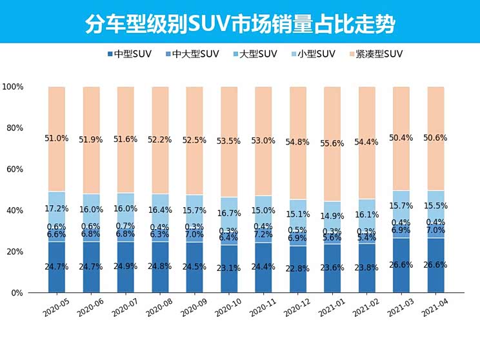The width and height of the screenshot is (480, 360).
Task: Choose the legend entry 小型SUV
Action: pos(313,54)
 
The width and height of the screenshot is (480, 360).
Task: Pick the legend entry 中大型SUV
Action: pos(192,54)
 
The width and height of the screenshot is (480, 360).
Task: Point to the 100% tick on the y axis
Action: pos(13,86)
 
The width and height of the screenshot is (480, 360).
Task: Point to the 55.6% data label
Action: pos(332,143)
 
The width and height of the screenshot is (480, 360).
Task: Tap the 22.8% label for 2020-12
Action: pos(297,269)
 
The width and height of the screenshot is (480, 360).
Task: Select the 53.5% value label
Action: pos(228,141)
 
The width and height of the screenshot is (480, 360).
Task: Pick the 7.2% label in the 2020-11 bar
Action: pos(263,235)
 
